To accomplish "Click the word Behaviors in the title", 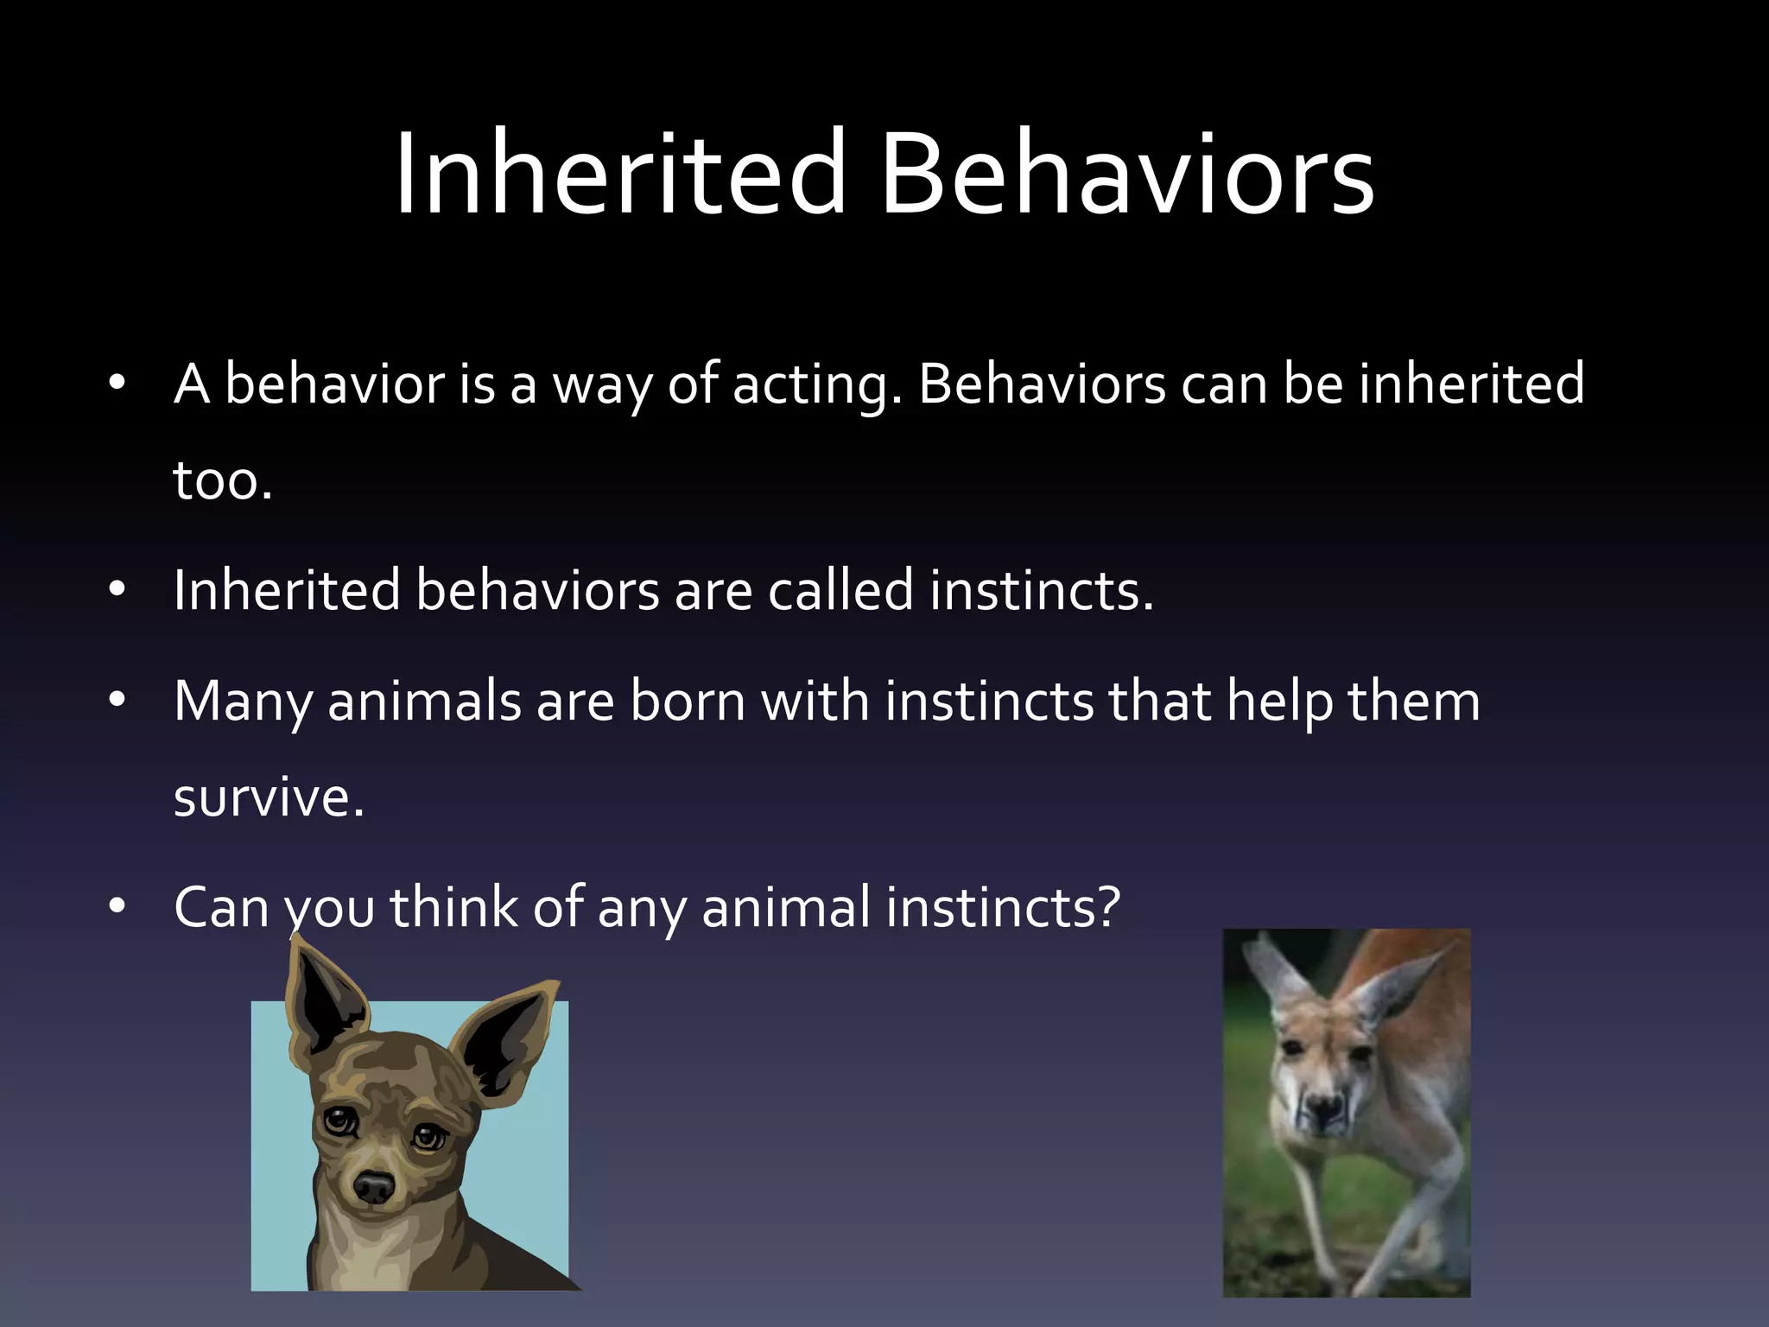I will click(1126, 173).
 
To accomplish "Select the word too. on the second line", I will click(223, 480).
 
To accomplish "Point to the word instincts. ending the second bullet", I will click(1041, 591).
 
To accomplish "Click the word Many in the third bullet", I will click(243, 702).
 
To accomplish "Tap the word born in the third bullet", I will click(687, 702).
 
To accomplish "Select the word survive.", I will click(269, 797).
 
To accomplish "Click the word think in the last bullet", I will click(453, 907).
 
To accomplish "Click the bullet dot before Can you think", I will click(117, 906).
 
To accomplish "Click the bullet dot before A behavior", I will click(117, 384).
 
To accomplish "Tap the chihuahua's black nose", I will click(374, 1185).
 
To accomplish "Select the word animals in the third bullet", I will click(423, 702).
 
